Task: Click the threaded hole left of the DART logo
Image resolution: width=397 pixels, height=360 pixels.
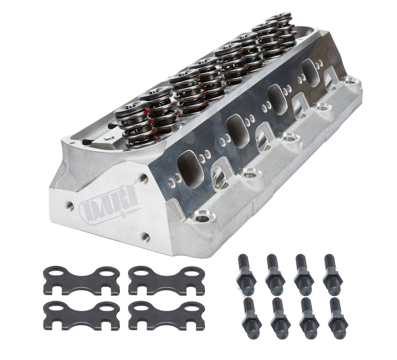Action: point(68,205)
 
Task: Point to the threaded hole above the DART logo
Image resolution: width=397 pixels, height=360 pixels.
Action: point(143,178)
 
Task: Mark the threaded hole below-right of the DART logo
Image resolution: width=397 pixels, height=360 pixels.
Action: point(146,237)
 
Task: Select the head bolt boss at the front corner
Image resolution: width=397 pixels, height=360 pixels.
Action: point(202,218)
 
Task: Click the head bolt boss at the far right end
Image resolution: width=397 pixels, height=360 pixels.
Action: point(351,81)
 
